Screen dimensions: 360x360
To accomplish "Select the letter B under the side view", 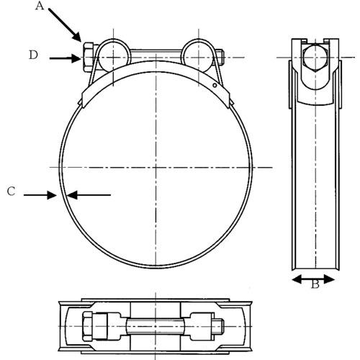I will tap(315, 284).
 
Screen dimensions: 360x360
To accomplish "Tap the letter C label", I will tap(11, 192).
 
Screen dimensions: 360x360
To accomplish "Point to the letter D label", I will tap(34, 55).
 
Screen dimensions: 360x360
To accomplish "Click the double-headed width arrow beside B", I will tap(313, 277).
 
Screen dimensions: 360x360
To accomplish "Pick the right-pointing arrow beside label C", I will tap(40, 194).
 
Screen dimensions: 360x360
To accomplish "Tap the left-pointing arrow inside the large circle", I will tap(89, 194).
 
